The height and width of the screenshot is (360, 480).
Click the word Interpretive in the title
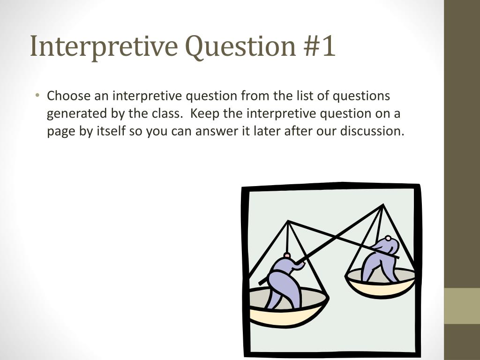pyautogui.click(x=103, y=46)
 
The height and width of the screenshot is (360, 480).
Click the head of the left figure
pyautogui.click(x=286, y=256)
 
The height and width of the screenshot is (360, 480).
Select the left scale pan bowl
pyautogui.click(x=286, y=309)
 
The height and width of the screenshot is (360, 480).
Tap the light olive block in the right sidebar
pyautogui.click(x=462, y=306)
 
